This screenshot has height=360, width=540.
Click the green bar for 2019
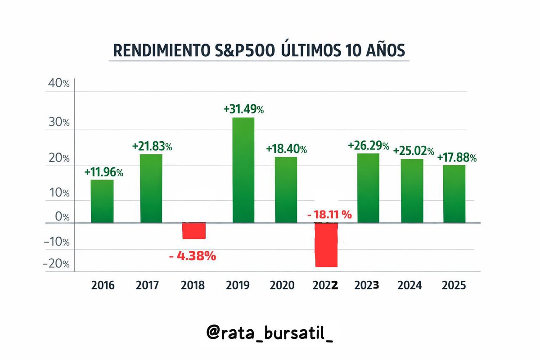(x=243, y=170)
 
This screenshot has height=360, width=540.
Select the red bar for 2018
(x=194, y=231)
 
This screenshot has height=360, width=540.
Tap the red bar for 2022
(x=326, y=245)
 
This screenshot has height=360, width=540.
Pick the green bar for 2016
(x=102, y=201)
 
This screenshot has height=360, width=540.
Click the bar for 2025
(x=454, y=194)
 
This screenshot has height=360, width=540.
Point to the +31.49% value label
(x=243, y=109)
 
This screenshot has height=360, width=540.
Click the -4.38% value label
(x=193, y=256)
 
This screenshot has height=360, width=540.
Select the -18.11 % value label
(x=329, y=215)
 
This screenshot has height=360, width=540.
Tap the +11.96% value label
(x=103, y=172)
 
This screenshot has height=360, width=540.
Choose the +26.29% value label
(x=369, y=145)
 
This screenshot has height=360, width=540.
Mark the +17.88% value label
(x=457, y=157)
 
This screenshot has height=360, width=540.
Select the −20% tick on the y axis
(x=56, y=264)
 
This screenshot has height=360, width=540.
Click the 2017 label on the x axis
(x=148, y=285)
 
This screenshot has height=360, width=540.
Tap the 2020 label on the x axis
(x=282, y=285)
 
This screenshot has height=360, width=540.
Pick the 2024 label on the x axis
(x=409, y=285)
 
